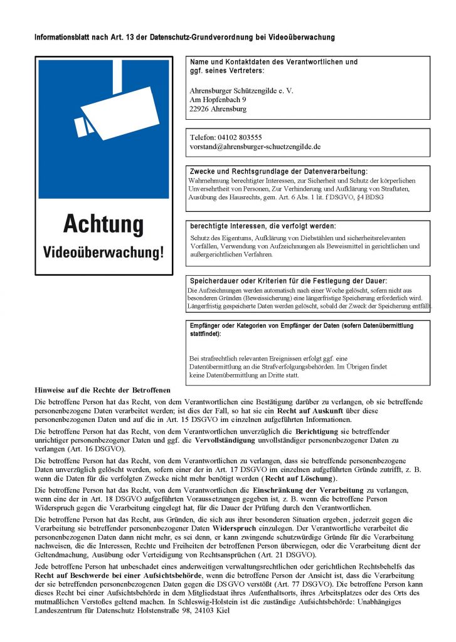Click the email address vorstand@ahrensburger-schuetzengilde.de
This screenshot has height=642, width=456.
[x=255, y=146]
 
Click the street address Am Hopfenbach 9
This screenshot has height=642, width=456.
[x=218, y=99]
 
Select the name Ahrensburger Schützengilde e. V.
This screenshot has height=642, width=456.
[x=241, y=90]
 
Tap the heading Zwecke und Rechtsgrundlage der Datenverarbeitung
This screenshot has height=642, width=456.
[x=278, y=171]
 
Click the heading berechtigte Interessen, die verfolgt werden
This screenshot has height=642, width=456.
[x=263, y=226]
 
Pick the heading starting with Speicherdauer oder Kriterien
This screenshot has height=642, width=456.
[x=288, y=281]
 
